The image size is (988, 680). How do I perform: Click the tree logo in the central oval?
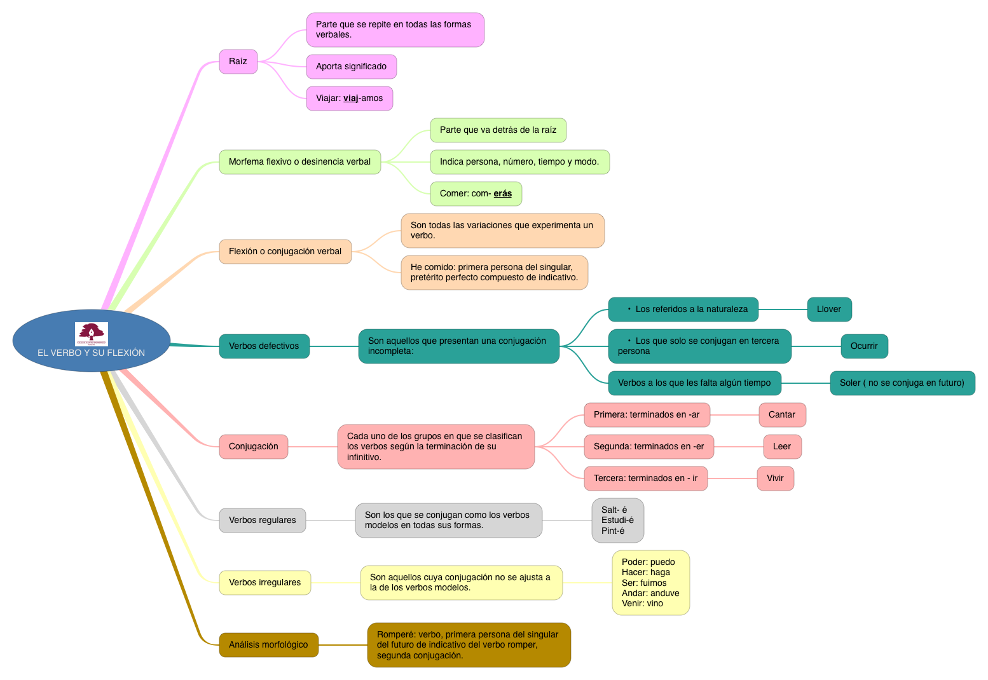pyautogui.click(x=92, y=334)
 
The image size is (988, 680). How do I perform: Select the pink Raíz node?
pyautogui.click(x=238, y=62)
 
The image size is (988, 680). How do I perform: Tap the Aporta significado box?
pyautogui.click(x=351, y=67)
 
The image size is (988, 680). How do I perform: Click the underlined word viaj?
pyautogui.click(x=350, y=99)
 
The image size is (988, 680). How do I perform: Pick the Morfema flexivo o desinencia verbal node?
pyautogui.click(x=299, y=162)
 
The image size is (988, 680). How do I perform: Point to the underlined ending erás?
pyautogui.click(x=502, y=194)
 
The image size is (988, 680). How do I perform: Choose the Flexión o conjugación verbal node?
pyautogui.click(x=285, y=252)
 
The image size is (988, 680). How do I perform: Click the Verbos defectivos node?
pyautogui.click(x=264, y=346)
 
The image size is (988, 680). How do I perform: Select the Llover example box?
pyautogui.click(x=829, y=309)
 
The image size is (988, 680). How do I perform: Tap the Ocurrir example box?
pyautogui.click(x=864, y=346)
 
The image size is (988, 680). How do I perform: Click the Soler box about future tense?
pyautogui.click(x=902, y=383)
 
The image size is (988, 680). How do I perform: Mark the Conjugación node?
pyautogui.click(x=253, y=447)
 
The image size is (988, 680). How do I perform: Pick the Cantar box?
pyautogui.click(x=782, y=415)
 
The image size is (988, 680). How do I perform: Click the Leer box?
pyautogui.click(x=782, y=447)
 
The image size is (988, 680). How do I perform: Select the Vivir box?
pyautogui.click(x=775, y=479)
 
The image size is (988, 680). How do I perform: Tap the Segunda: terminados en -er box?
pyautogui.click(x=648, y=447)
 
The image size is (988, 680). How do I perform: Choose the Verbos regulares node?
pyautogui.click(x=262, y=520)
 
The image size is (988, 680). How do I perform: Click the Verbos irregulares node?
pyautogui.click(x=264, y=583)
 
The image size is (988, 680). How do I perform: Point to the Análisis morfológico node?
pyautogui.click(x=268, y=645)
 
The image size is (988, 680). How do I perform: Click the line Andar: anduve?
pyautogui.click(x=650, y=594)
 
